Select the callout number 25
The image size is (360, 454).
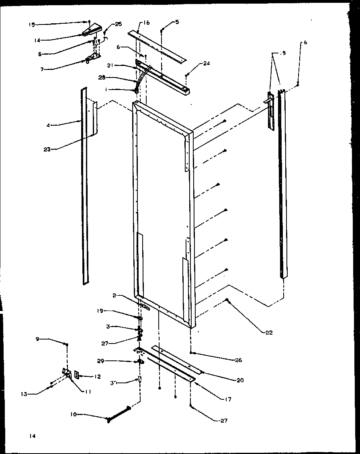[118, 25]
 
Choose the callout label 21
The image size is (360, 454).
[112, 65]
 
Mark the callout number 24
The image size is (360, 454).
[206, 63]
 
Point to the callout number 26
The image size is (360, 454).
[238, 360]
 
